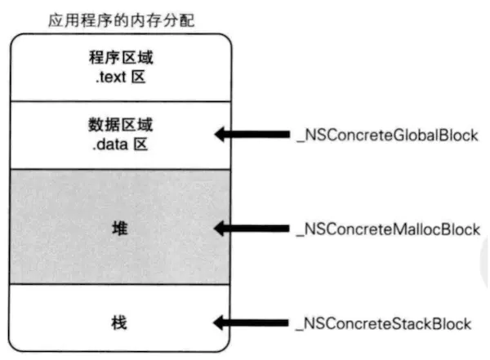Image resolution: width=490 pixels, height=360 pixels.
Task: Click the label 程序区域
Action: pos(119,61)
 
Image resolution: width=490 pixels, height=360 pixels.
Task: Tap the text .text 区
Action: pos(119,79)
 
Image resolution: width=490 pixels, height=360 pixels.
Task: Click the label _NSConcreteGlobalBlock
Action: pos(385,134)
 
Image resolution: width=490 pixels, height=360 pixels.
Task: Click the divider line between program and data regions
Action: pos(119,100)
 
